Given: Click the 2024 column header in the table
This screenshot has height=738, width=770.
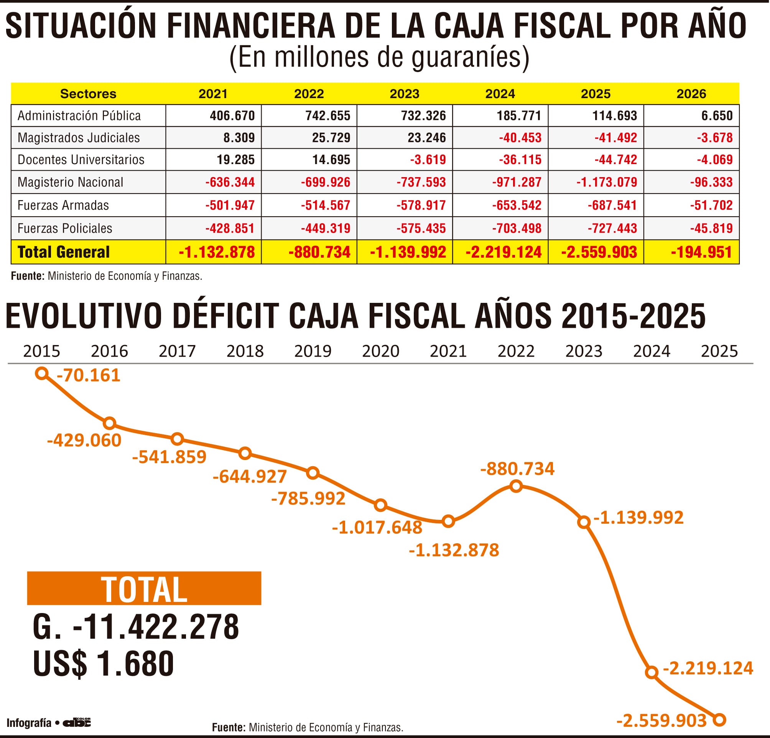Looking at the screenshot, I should click(x=500, y=94).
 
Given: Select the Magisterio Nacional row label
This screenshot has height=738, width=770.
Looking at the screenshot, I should click(x=70, y=182).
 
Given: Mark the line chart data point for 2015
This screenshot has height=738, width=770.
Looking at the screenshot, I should click(x=42, y=373).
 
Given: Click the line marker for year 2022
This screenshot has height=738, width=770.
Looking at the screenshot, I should click(x=516, y=487).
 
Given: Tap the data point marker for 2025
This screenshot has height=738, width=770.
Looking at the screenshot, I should click(x=719, y=720).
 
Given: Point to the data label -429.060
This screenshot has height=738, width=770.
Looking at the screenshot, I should click(x=84, y=440).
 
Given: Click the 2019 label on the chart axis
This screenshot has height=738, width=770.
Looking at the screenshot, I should click(x=313, y=351).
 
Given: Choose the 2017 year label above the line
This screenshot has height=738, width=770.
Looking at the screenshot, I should click(x=177, y=351).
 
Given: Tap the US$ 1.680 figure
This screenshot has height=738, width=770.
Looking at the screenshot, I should click(x=103, y=663).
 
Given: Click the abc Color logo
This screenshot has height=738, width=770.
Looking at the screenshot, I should click(x=77, y=722).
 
